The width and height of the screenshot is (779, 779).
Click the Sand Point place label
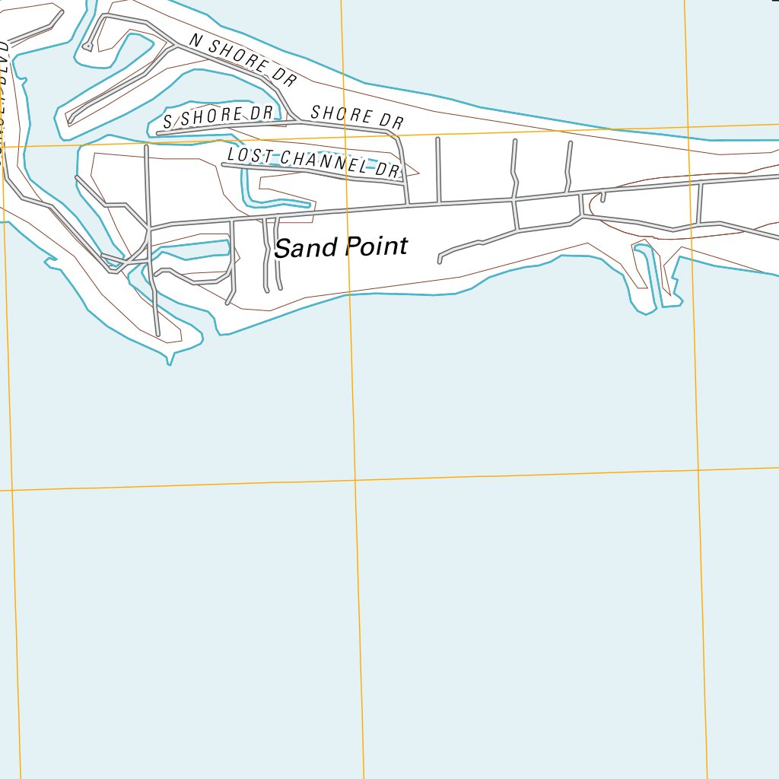click(341, 247)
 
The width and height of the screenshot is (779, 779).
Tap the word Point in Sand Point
click(376, 246)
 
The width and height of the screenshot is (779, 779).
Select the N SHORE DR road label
click(242, 60)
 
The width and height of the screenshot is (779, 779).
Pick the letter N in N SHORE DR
click(194, 41)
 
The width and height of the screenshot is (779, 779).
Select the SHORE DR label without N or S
click(357, 116)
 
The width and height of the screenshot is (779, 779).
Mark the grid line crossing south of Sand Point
click(355, 479)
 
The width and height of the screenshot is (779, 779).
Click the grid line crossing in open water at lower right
click(698, 469)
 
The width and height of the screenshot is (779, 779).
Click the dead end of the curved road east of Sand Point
click(440, 262)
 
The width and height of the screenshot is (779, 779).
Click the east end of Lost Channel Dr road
click(401, 183)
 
